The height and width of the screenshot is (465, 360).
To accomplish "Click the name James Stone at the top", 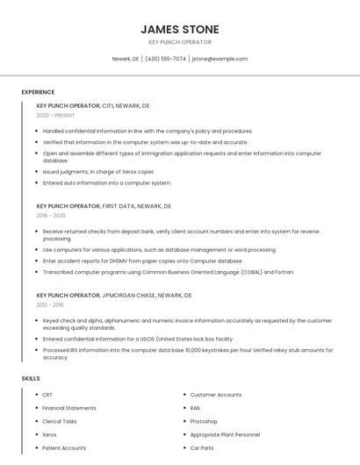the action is (180, 29).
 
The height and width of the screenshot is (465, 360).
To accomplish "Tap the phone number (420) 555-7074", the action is (165, 59).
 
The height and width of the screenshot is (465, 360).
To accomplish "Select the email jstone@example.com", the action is (220, 59).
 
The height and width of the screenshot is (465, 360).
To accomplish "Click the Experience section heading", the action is (38, 92).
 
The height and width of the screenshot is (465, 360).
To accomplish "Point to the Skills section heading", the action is (31, 378).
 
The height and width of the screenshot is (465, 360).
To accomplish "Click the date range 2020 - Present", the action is (55, 115).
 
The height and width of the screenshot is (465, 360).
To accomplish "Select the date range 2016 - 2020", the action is (51, 215).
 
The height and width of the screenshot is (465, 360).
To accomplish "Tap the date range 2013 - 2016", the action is (50, 304).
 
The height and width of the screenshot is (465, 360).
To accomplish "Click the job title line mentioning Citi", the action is (93, 105).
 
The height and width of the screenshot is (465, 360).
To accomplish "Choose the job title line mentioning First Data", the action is (104, 205).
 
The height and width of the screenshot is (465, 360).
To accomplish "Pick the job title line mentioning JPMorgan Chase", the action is (114, 295).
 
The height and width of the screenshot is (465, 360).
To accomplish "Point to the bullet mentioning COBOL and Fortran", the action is (169, 272).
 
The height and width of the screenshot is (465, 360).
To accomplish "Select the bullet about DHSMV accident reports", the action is (142, 261).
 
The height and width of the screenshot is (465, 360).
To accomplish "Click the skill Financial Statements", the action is (69, 408).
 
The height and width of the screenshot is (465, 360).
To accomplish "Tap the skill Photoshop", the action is (204, 421).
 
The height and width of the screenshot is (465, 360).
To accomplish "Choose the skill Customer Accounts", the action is (216, 395).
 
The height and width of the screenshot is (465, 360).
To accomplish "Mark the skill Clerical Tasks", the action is (60, 421).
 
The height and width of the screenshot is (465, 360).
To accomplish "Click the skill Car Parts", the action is (202, 447).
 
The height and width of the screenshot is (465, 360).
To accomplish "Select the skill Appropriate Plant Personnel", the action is (225, 434).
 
